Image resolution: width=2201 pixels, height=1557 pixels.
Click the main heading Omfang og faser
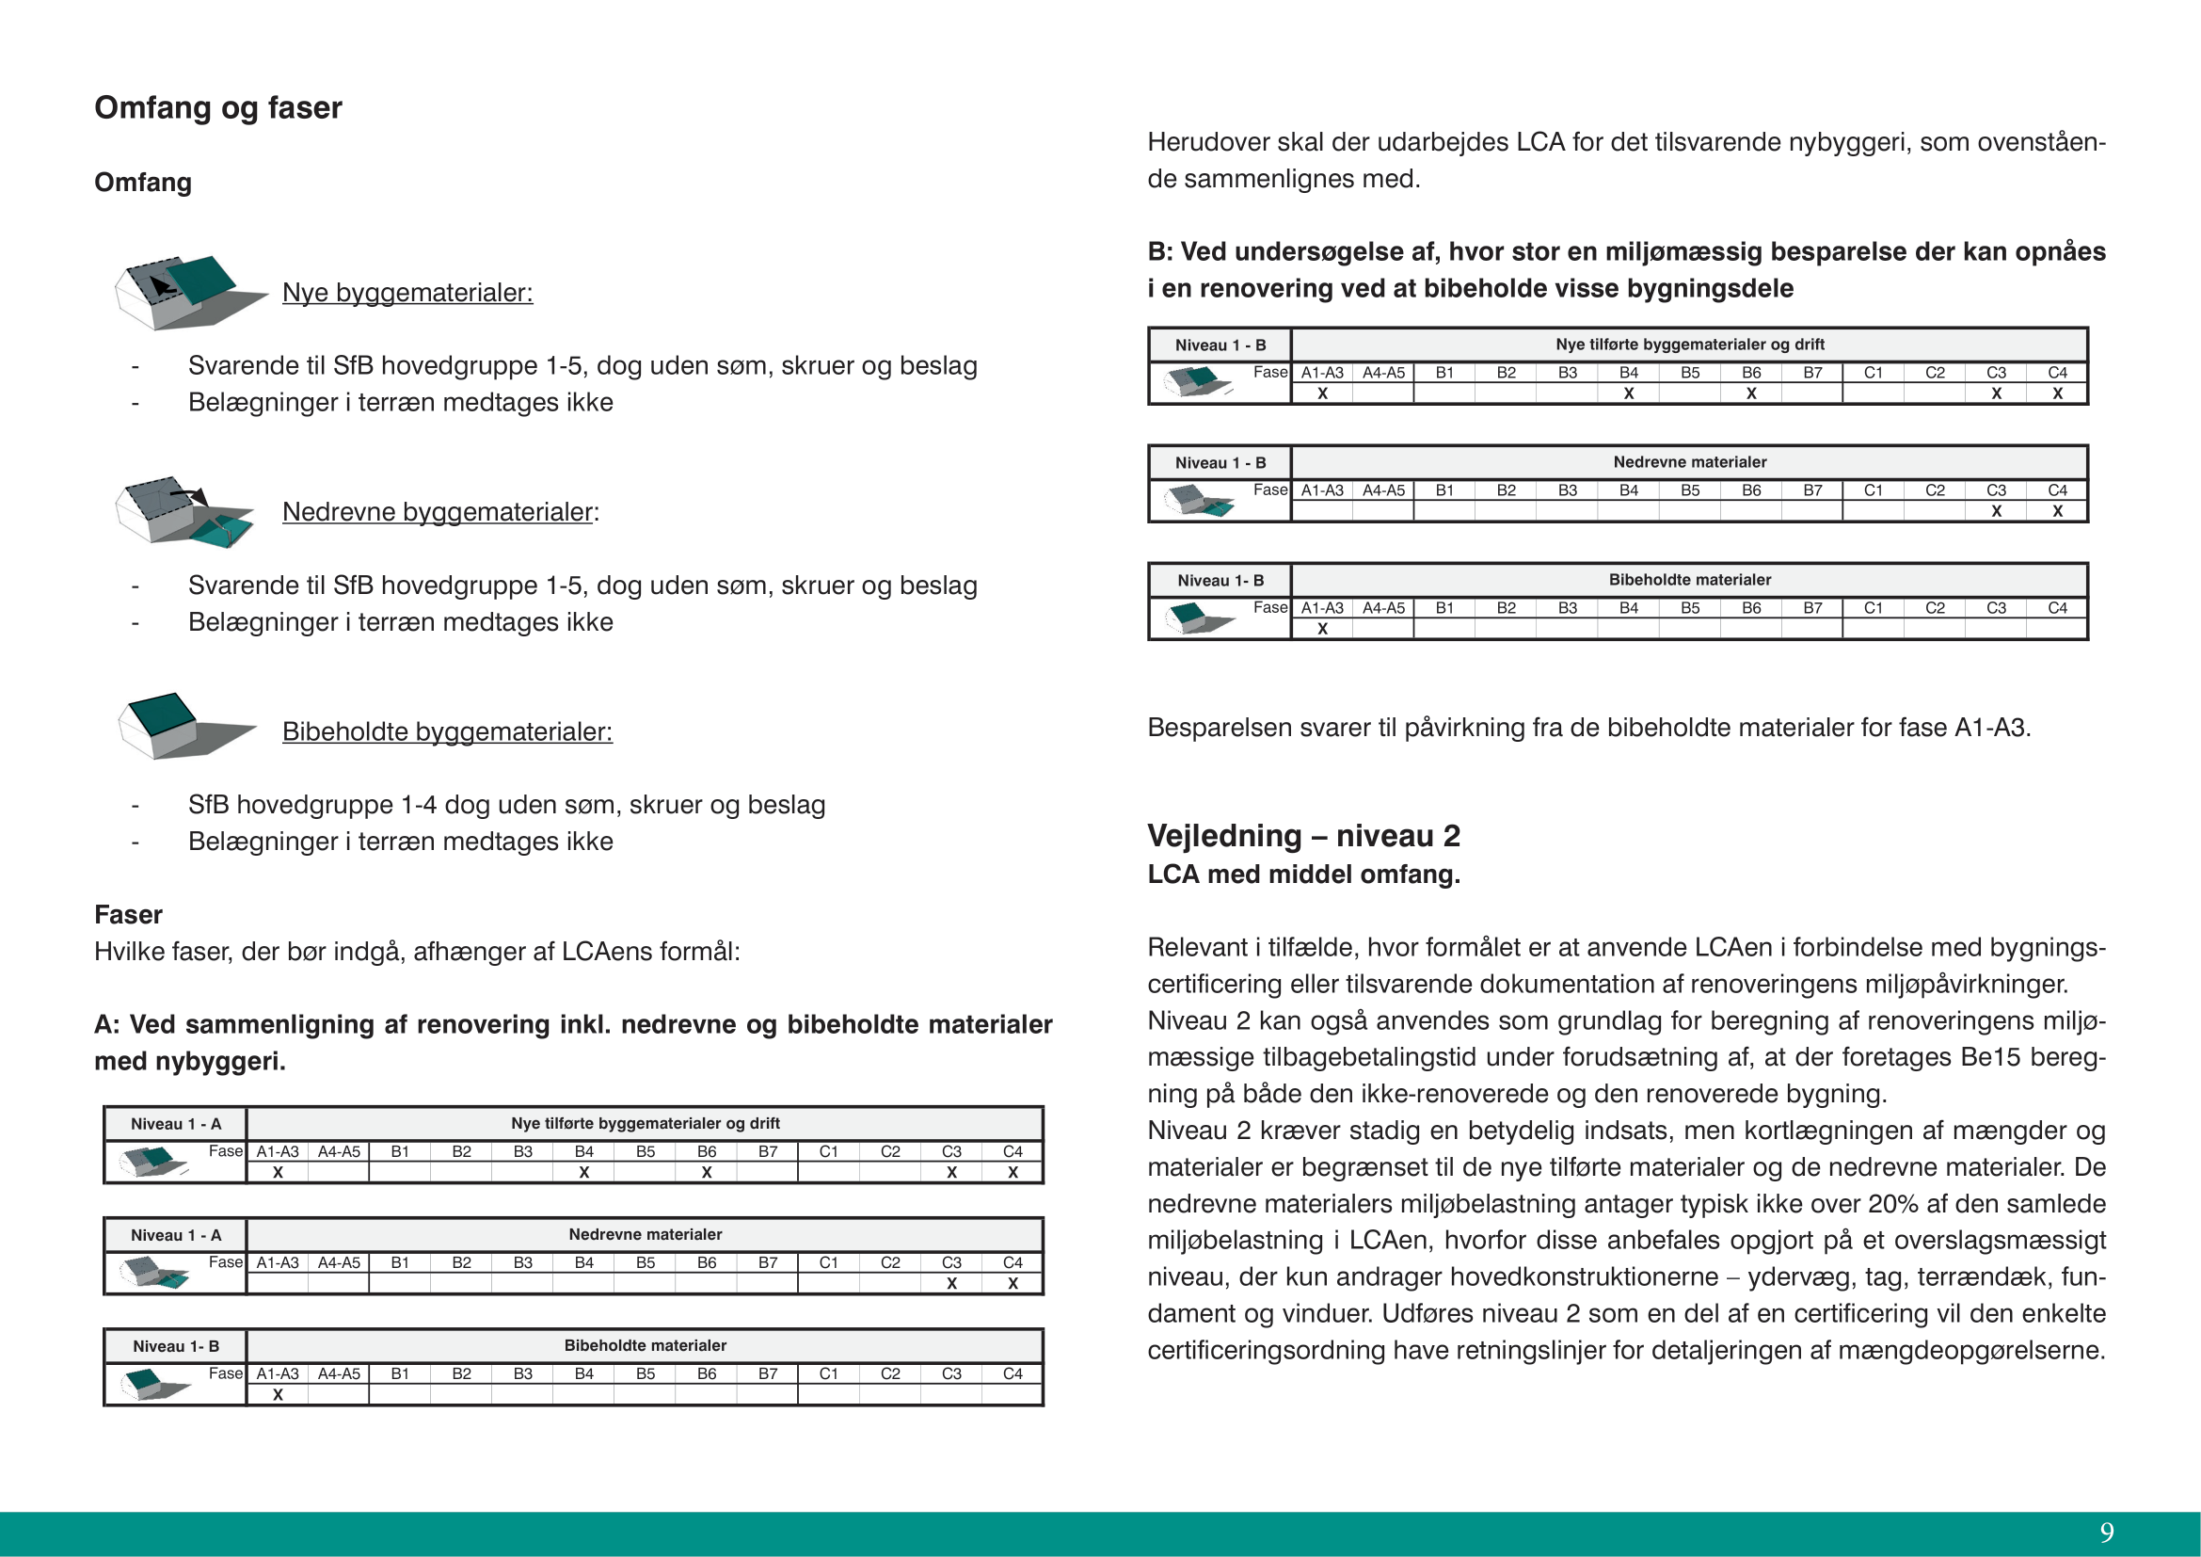(x=217, y=107)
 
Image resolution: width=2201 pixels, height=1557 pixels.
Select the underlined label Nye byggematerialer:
(x=407, y=293)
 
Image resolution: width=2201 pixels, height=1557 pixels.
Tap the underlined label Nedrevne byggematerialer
(x=439, y=512)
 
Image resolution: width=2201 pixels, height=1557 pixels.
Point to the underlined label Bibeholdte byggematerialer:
(x=447, y=731)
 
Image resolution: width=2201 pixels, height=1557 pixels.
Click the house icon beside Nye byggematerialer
(x=187, y=292)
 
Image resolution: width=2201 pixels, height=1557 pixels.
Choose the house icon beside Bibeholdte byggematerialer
(x=184, y=726)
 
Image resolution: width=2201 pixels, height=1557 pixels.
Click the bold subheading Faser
(x=129, y=915)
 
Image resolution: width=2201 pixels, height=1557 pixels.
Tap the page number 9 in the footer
(x=2106, y=1533)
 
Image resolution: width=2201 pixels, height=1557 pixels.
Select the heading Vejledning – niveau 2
(x=1303, y=836)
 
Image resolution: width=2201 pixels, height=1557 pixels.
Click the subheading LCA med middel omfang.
(x=1303, y=875)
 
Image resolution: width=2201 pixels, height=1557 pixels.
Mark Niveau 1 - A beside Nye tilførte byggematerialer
(x=175, y=1124)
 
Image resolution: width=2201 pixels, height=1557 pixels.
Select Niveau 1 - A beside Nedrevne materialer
(x=175, y=1235)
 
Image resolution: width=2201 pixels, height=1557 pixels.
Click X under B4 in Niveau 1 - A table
(x=583, y=1173)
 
